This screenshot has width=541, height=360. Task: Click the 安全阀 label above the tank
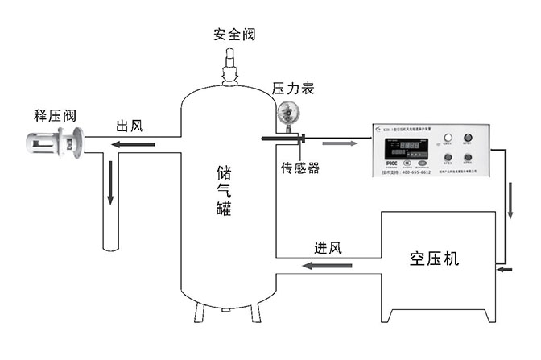pyautogui.click(x=233, y=35)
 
